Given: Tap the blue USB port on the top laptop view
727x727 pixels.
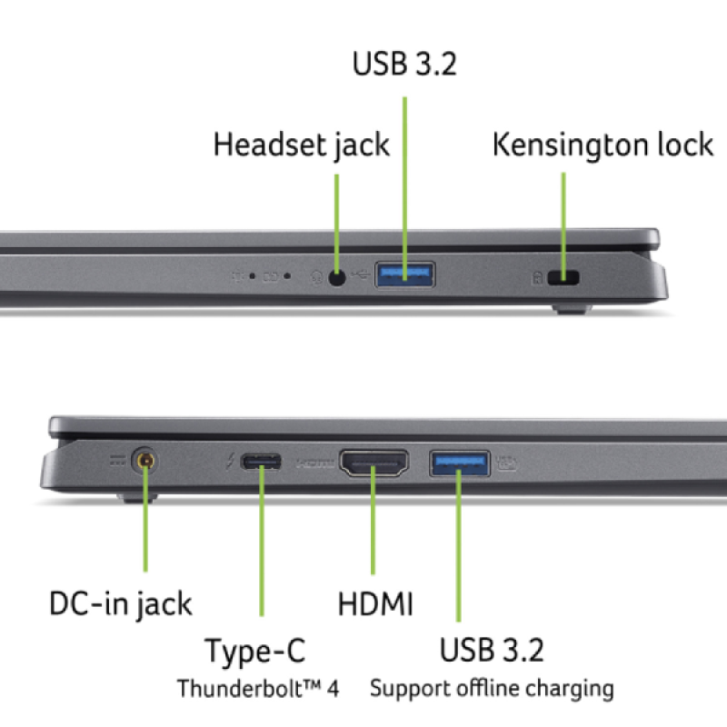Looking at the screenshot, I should (x=404, y=274).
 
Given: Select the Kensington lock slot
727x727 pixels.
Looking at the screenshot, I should (x=568, y=278).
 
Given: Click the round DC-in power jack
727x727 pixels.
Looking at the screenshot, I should (x=144, y=462).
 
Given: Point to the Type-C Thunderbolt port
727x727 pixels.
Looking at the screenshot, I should (x=261, y=463).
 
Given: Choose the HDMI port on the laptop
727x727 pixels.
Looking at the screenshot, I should (x=373, y=463).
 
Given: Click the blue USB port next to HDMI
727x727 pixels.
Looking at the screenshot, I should (x=459, y=463).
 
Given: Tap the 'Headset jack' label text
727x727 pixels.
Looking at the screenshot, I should (x=301, y=144).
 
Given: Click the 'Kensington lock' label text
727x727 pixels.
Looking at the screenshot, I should (x=603, y=144).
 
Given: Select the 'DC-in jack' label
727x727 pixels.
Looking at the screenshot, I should (x=120, y=603).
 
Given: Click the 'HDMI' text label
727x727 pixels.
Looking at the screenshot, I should (x=375, y=603).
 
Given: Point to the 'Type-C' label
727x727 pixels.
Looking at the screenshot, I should (x=254, y=651).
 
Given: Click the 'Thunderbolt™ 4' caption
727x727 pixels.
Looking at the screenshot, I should (x=257, y=688).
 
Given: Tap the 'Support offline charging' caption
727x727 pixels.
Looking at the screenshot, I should (x=491, y=688).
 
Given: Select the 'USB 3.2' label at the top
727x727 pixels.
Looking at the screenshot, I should (x=404, y=65).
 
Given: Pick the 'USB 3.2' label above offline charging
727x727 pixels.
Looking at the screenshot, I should (x=492, y=651).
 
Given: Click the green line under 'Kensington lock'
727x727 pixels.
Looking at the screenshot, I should (x=563, y=218).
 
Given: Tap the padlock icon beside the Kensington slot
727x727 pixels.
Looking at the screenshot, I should (x=537, y=278).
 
